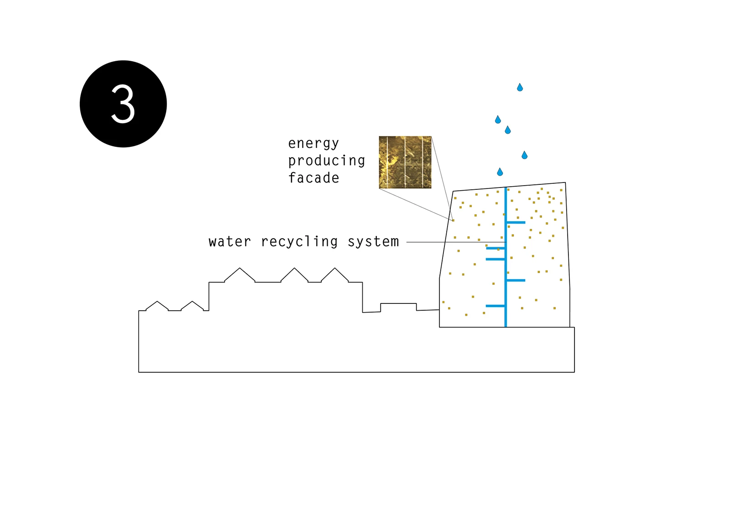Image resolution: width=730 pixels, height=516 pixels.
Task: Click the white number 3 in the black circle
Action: tap(123, 104)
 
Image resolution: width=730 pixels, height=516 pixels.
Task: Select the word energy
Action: tap(313, 143)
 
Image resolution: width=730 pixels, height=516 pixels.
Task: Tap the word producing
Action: tap(326, 161)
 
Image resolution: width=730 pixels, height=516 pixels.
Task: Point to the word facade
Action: tap(313, 178)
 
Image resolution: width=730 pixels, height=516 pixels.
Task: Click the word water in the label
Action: tap(229, 241)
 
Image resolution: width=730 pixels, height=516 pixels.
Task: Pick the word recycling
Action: tap(299, 241)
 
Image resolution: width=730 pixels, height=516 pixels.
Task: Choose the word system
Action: tap(373, 241)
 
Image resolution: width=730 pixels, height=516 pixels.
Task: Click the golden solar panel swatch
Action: tap(405, 162)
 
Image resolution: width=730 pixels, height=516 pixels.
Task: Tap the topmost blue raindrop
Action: tap(520, 87)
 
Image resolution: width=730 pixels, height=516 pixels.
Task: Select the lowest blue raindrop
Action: tap(500, 172)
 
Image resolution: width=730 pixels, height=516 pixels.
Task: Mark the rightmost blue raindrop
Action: tap(524, 156)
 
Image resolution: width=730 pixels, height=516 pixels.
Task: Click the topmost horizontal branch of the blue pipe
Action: tap(516, 223)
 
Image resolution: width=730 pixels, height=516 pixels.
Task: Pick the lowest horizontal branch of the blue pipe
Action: tap(495, 306)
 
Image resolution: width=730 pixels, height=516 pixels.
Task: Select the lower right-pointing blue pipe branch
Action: tap(516, 280)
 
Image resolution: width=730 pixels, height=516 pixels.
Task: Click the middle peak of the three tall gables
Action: tap(294, 269)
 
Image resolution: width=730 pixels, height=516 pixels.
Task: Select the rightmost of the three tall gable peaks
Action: tap(335, 269)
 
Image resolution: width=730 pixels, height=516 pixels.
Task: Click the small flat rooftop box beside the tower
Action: tap(398, 307)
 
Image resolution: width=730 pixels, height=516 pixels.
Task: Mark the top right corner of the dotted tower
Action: tap(565, 183)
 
